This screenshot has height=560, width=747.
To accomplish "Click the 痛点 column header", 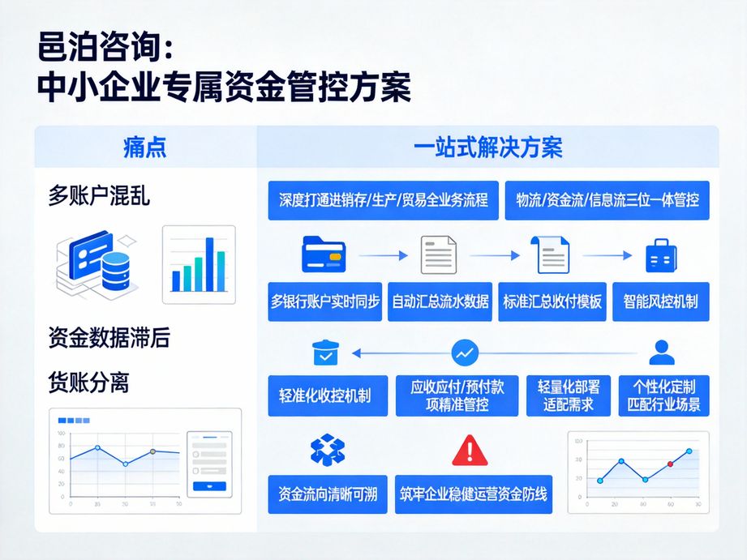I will (144, 147).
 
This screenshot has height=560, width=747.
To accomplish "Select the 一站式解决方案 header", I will (487, 147).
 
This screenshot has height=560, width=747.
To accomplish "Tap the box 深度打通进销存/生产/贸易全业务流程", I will (384, 200).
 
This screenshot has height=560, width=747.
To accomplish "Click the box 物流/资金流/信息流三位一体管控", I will (607, 200).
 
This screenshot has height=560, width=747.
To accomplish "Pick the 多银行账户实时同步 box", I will (325, 301).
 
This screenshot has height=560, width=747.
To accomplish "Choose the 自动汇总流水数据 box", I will (440, 301).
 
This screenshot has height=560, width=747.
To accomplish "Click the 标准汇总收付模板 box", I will (552, 301).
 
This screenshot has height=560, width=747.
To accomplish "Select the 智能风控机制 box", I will (661, 301).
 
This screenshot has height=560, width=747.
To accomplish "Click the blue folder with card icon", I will (324, 254).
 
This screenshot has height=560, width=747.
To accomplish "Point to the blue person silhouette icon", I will (662, 353).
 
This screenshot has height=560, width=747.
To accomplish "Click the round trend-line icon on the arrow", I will (465, 353).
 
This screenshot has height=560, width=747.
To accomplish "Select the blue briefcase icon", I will (661, 255).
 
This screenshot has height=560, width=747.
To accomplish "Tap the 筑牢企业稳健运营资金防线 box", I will (474, 494).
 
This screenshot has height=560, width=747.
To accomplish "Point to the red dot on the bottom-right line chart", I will (670, 464).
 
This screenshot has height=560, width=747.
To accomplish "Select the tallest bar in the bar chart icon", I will (209, 264).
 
